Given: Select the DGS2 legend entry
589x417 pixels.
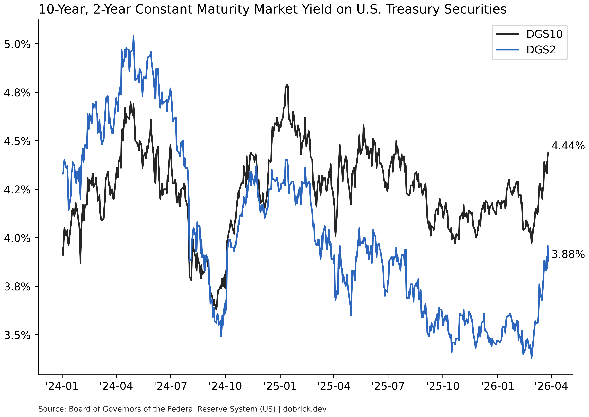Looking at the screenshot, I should pos(541,50).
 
